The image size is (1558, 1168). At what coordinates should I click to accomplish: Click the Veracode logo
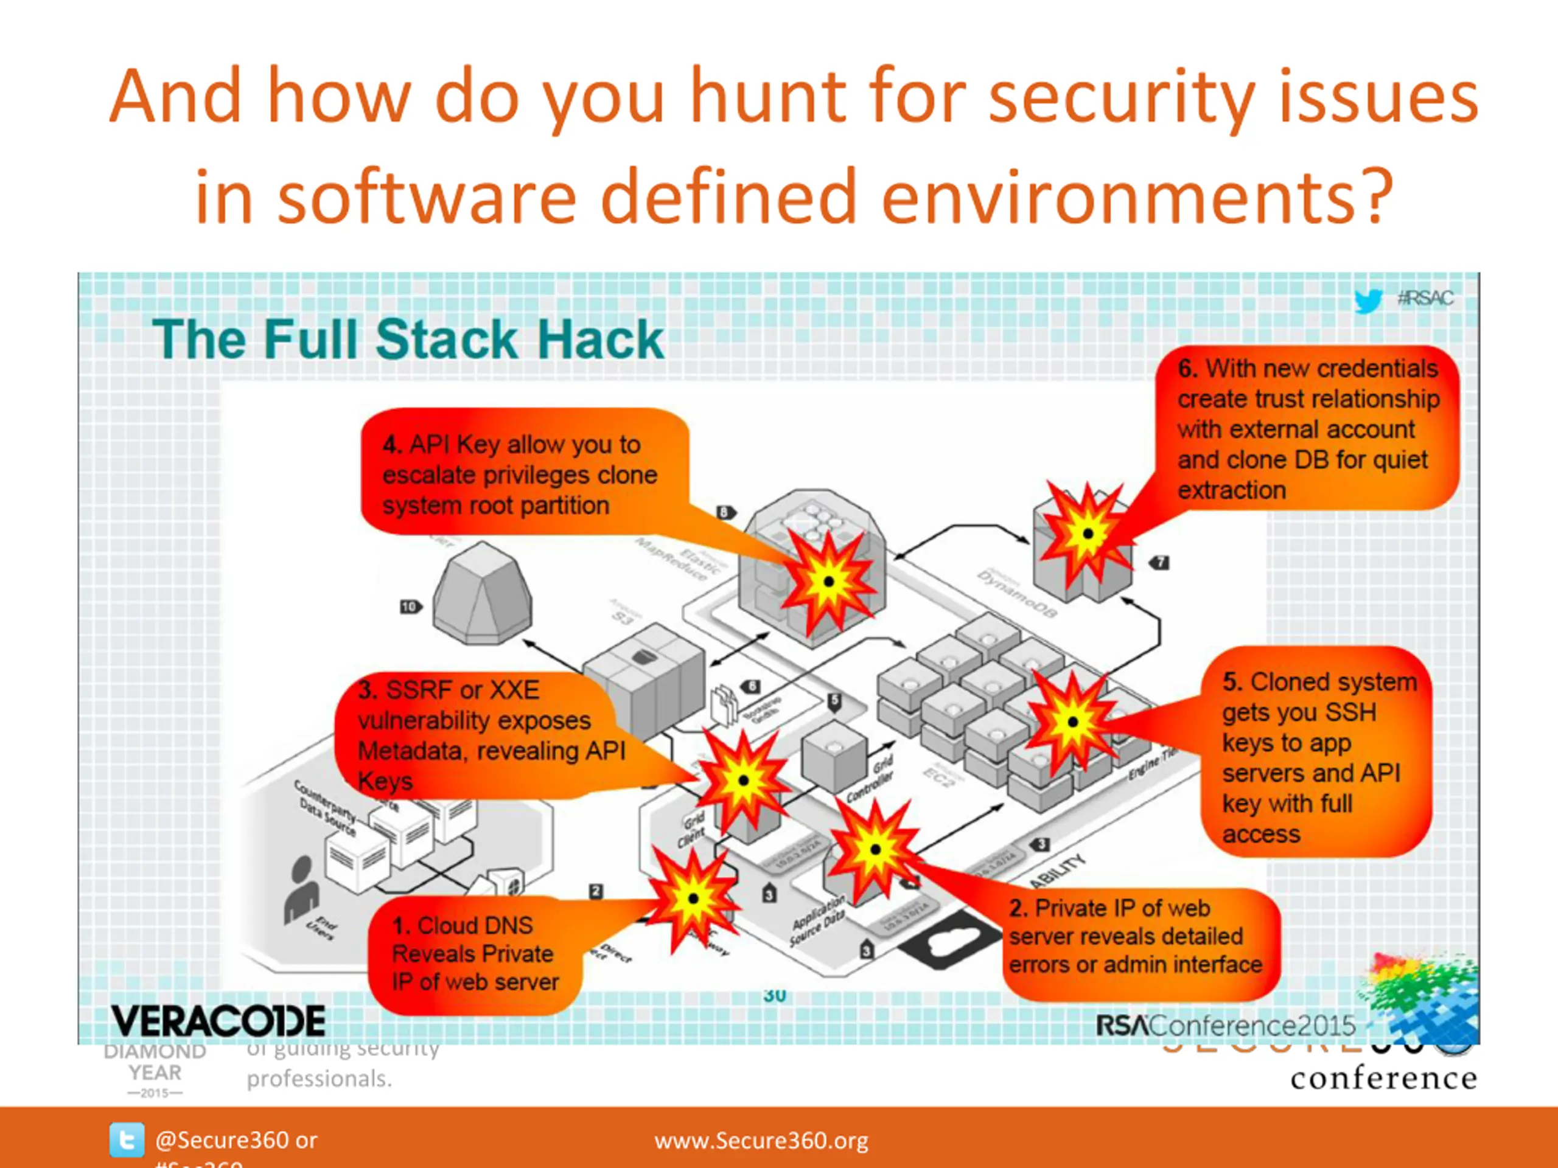tap(218, 1021)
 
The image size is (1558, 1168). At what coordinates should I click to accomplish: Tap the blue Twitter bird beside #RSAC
tap(1368, 301)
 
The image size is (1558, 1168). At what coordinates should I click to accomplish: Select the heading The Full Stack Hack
tap(408, 339)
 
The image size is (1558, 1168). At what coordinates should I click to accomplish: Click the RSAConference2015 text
tap(1226, 1026)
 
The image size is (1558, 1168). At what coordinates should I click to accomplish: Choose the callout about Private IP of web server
tap(1136, 937)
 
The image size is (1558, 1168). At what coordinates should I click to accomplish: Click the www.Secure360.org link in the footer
tap(761, 1140)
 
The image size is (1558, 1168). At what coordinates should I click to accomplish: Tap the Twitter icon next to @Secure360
tap(127, 1140)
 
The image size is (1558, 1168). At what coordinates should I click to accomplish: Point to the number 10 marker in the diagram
tap(409, 607)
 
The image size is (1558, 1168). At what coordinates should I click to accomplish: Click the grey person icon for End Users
tap(300, 889)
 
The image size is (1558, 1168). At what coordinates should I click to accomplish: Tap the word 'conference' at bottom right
tap(1383, 1079)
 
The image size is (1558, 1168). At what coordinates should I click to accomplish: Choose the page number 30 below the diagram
tap(774, 995)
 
